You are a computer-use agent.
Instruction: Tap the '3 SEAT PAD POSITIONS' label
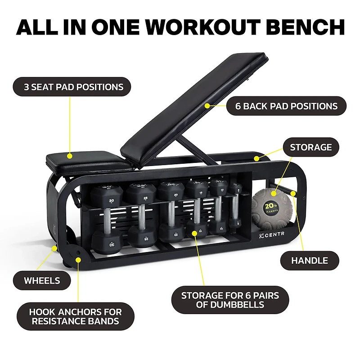[73, 87]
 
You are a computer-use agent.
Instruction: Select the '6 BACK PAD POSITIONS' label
[286, 107]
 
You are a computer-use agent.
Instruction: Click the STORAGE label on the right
[310, 147]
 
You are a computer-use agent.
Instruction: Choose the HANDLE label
[309, 261]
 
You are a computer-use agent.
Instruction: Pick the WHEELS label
[42, 280]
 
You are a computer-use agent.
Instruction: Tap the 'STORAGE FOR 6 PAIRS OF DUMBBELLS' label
[230, 300]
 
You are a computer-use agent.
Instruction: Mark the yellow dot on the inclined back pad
[207, 106]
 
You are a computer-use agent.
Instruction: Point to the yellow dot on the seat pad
[70, 156]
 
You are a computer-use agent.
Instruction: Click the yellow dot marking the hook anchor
[78, 259]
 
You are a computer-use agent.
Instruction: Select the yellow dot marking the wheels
[54, 247]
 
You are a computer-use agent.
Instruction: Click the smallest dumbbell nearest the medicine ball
[235, 207]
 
